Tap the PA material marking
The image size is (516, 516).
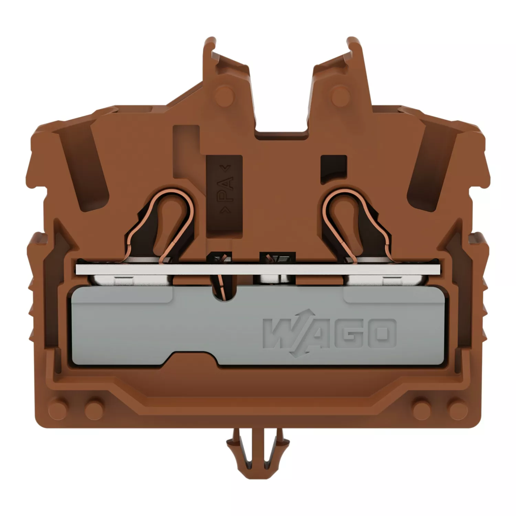(x=225, y=189)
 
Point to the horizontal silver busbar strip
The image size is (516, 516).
(x=258, y=270)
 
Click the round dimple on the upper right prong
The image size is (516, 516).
(x=341, y=94)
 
